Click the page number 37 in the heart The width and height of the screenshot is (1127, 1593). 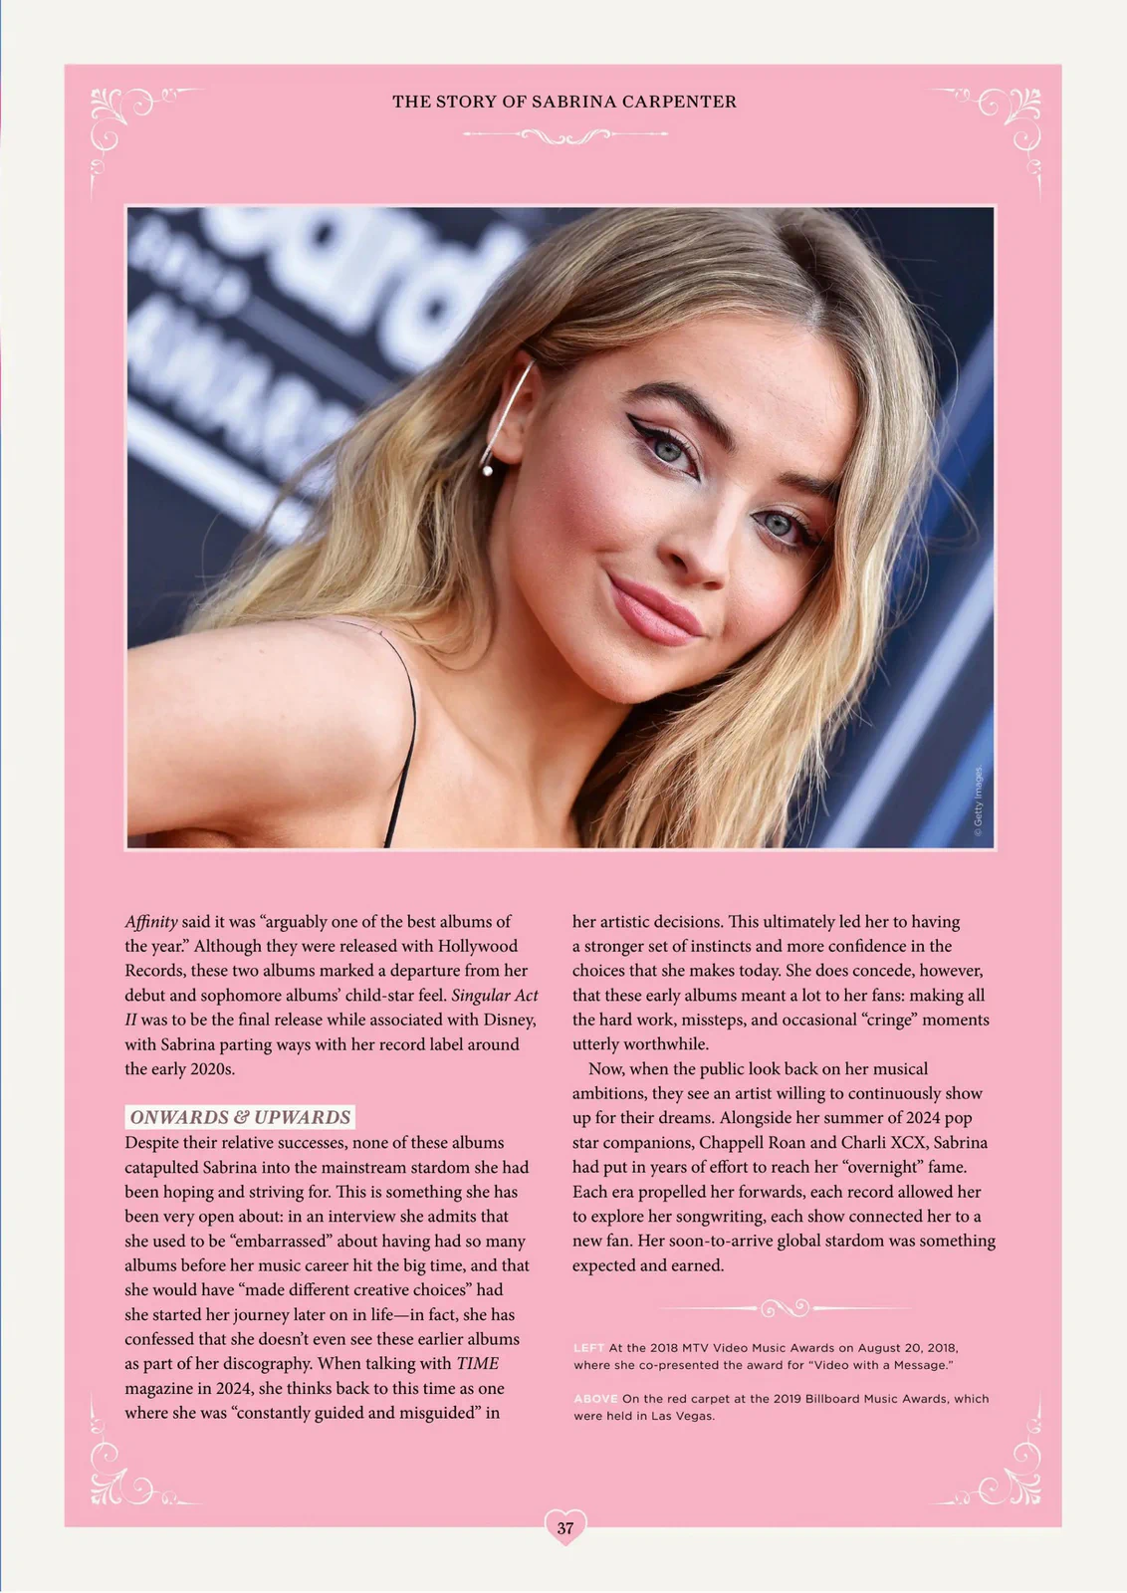tap(564, 1527)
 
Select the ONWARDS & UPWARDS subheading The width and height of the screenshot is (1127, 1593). tap(240, 1117)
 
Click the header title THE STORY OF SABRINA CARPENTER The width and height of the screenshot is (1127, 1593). tap(563, 102)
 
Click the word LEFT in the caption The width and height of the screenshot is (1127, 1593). tap(588, 1348)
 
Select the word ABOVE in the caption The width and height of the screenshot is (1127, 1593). tap(595, 1399)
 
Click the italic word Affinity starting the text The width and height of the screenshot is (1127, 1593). tap(151, 922)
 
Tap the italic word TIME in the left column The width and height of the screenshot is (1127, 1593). tap(478, 1364)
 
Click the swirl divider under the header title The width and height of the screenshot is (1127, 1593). tap(564, 135)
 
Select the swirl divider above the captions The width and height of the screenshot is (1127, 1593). tap(784, 1306)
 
